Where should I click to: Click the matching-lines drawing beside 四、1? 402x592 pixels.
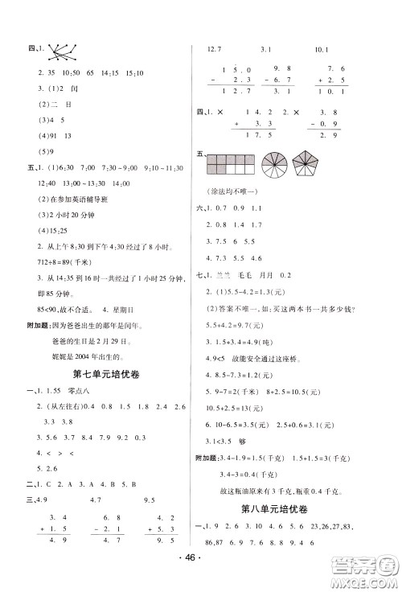point(58,54)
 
